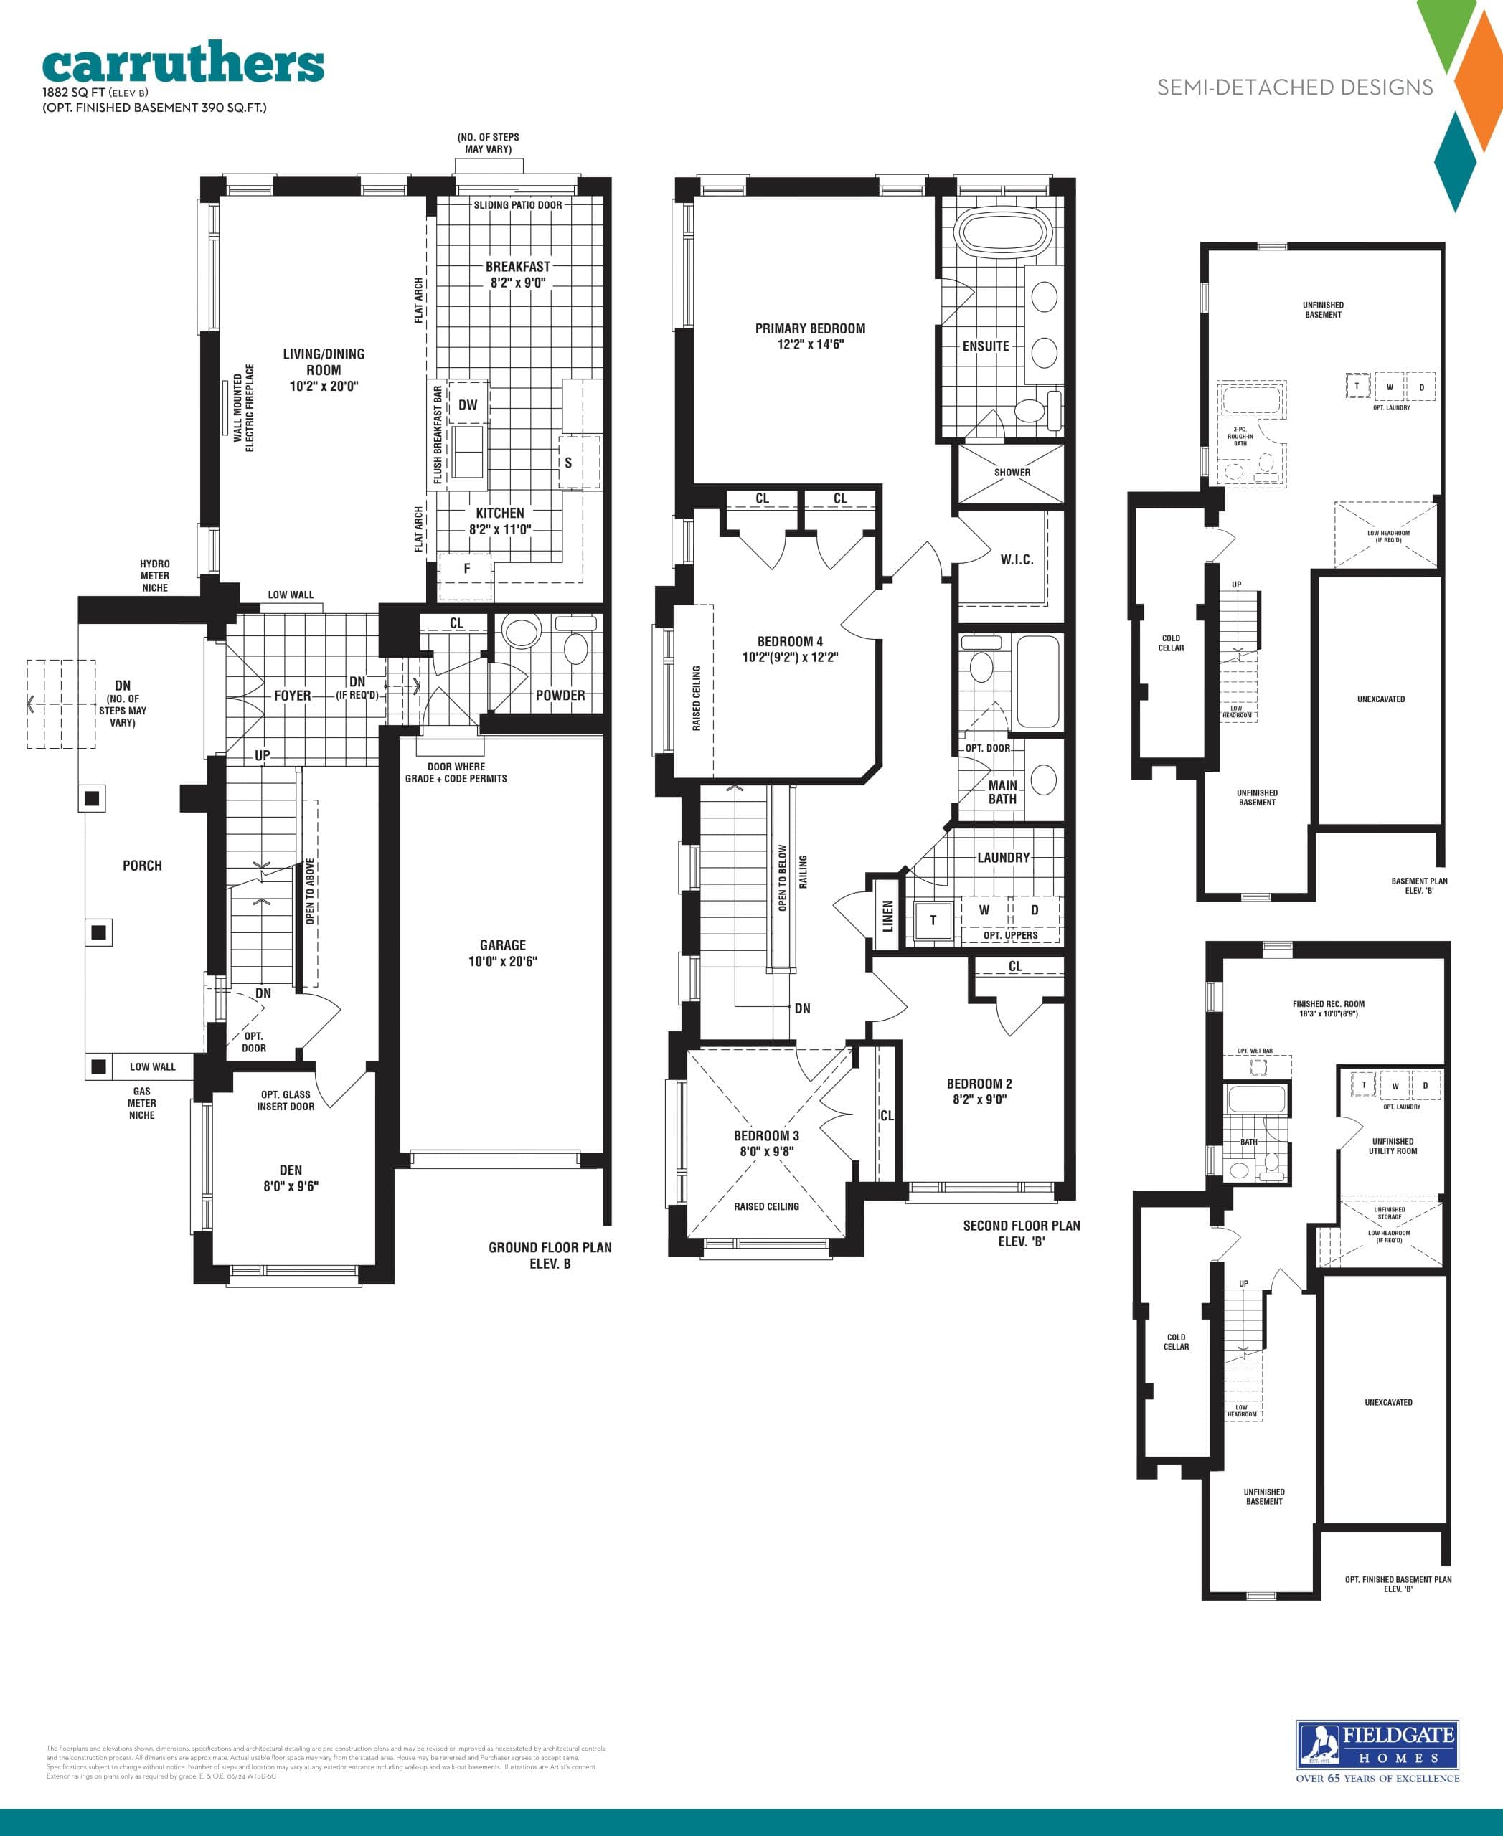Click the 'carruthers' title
pyautogui.click(x=183, y=64)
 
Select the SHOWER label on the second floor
pyautogui.click(x=1012, y=473)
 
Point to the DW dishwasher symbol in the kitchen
pyautogui.click(x=468, y=404)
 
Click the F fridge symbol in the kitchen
pyautogui.click(x=466, y=569)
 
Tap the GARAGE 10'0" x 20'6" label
pyautogui.click(x=502, y=953)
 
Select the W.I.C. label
pyautogui.click(x=1017, y=560)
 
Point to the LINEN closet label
pyautogui.click(x=887, y=916)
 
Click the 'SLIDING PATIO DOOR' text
pyautogui.click(x=517, y=205)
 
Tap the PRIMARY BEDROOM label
pyautogui.click(x=809, y=336)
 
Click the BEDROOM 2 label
pyautogui.click(x=979, y=1092)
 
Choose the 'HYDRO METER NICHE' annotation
pyautogui.click(x=155, y=576)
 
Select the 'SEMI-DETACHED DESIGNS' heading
pyautogui.click(x=1294, y=87)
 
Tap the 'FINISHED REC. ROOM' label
pyautogui.click(x=1328, y=1008)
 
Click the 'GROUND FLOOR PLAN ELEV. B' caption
pyautogui.click(x=550, y=1255)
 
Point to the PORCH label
pyautogui.click(x=142, y=866)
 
